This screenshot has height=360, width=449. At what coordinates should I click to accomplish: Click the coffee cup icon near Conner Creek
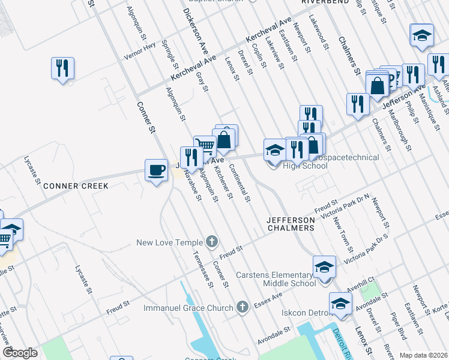click(156, 170)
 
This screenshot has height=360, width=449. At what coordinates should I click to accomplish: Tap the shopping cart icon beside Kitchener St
click(205, 145)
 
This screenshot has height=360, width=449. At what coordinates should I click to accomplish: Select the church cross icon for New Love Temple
click(211, 242)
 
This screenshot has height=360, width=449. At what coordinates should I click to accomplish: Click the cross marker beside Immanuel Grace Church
click(242, 308)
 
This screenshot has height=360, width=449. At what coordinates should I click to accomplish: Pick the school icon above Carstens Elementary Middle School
click(324, 266)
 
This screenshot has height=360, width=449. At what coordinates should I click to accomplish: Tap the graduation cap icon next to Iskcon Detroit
click(340, 304)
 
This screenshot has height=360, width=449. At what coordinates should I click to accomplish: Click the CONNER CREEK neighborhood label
click(76, 186)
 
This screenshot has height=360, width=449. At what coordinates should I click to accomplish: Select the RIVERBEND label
click(321, 2)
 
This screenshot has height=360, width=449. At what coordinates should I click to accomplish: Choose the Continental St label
click(243, 184)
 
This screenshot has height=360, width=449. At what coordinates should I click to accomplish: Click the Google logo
click(20, 353)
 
